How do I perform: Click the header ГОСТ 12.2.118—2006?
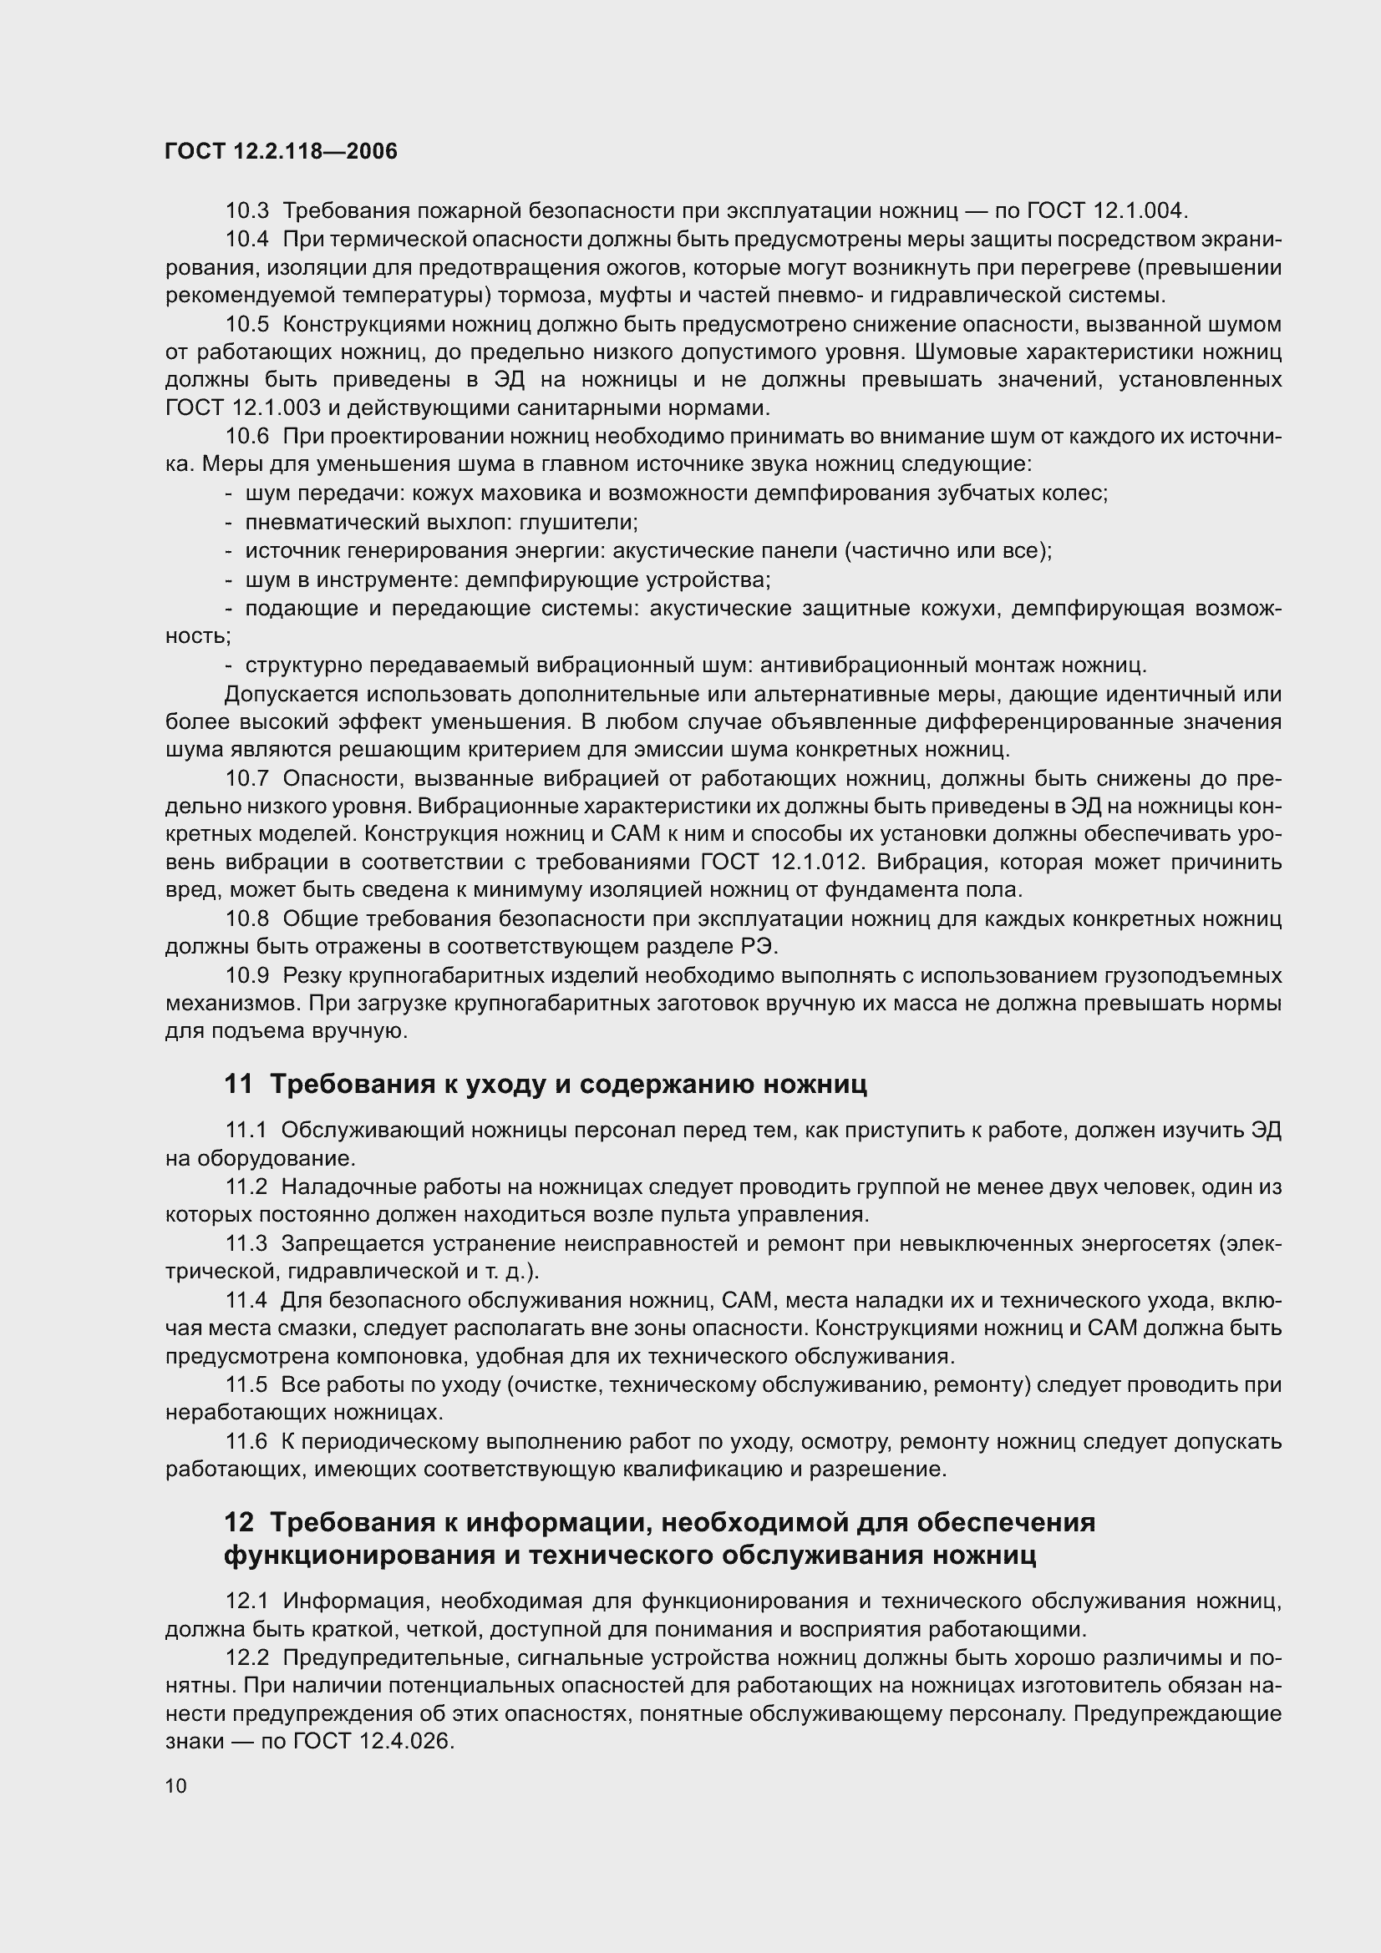(x=281, y=151)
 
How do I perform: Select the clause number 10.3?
(x=246, y=210)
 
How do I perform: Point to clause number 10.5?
(x=246, y=324)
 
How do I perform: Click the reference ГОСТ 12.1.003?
(x=243, y=408)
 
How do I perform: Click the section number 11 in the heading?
(x=238, y=1084)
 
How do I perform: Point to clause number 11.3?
(x=246, y=1243)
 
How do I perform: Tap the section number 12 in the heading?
(x=238, y=1522)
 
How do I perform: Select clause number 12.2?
(x=246, y=1658)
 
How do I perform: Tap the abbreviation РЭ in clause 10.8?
(x=761, y=947)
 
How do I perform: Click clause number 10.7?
(x=246, y=778)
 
